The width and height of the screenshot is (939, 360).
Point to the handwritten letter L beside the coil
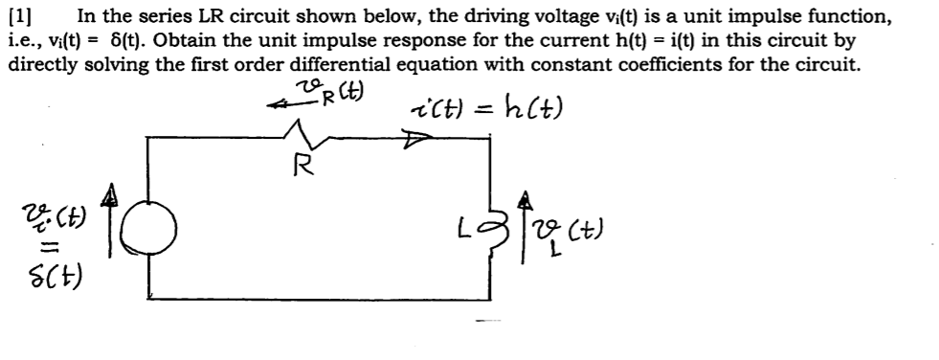tap(469, 229)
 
